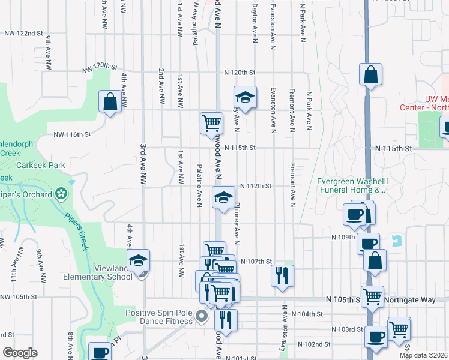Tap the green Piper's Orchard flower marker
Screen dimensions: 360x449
pos(61,193)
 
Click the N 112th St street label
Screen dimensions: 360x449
pos(256,186)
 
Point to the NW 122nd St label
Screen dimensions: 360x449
pos(24,34)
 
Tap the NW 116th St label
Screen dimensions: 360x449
pos(72,135)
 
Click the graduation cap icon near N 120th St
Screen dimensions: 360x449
pos(244,97)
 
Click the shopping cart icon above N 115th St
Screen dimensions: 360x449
pos(211,122)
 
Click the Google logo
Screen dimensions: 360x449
pos(20,353)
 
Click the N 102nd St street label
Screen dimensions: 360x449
pos(315,344)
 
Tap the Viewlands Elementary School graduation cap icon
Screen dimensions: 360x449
pos(139,259)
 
